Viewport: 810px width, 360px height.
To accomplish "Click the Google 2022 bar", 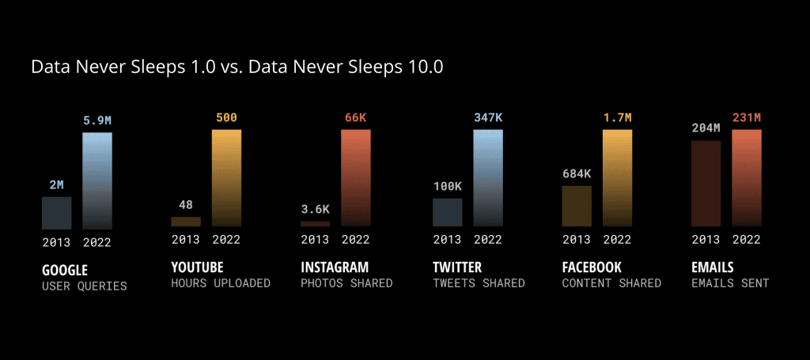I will point(97,180).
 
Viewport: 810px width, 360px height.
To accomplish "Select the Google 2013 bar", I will point(56,213).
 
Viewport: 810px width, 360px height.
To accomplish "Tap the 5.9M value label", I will point(97,121).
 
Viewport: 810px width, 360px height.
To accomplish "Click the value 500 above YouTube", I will point(226,118).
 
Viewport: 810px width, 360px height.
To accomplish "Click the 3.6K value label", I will point(315,210).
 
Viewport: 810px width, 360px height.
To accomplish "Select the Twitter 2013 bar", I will point(447,213).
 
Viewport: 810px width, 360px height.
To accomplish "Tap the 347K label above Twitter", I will point(488,118).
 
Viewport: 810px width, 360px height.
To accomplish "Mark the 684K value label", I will point(577,174).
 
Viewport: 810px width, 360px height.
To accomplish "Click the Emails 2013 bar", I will point(706,184).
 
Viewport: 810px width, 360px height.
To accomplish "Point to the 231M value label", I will point(747,118).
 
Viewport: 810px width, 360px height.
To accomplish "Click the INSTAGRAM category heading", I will point(335,267).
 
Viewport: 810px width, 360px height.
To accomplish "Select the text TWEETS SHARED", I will point(479,283).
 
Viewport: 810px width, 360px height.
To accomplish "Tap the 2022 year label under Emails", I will point(747,240).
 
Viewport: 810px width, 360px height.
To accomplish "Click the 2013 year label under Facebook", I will point(577,240).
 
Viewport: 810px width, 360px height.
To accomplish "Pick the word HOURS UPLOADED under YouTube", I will point(221,283).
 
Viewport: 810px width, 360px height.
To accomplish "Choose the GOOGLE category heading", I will point(65,269).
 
